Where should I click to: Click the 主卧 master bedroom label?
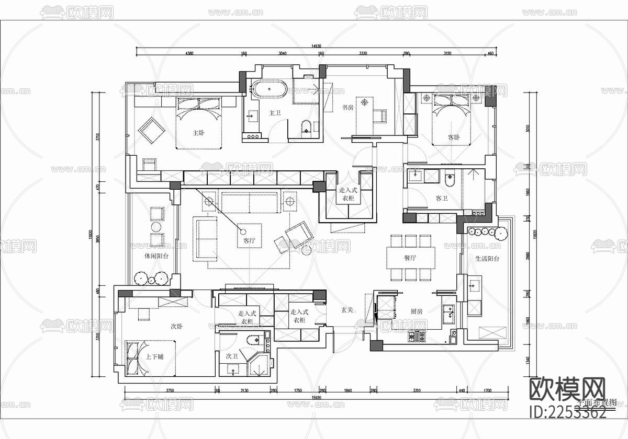[x=198, y=133]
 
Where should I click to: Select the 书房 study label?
[x=348, y=108]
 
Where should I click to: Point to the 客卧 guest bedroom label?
[x=454, y=136]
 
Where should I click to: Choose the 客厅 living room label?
[x=249, y=241]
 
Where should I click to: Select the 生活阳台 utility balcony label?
[x=487, y=258]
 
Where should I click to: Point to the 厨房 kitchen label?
[x=417, y=311]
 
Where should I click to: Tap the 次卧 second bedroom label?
[x=177, y=326]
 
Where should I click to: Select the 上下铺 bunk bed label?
[x=154, y=357]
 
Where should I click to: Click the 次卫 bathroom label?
[x=232, y=356]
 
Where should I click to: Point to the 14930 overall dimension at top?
[x=316, y=46]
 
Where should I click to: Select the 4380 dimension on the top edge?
[x=189, y=53]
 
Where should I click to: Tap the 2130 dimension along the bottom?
[x=244, y=390]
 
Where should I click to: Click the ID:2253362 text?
[x=568, y=412]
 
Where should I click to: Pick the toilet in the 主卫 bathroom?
[x=307, y=126]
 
